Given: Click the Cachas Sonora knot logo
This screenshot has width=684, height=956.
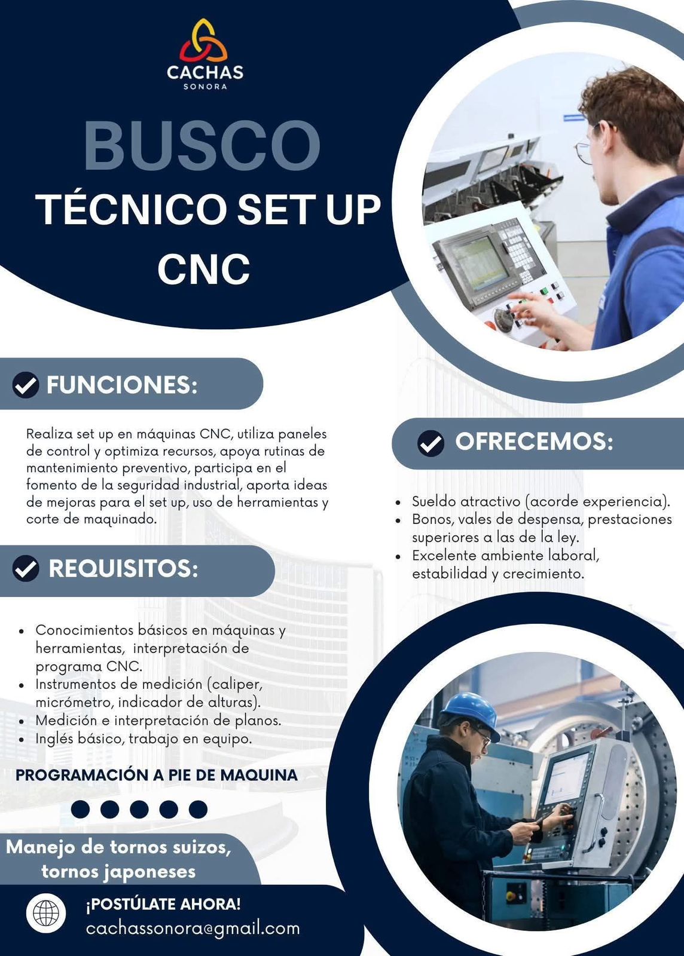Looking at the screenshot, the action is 203,41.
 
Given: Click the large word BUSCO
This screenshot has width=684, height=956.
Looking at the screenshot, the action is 202,146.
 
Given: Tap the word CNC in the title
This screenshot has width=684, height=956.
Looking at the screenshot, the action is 204,268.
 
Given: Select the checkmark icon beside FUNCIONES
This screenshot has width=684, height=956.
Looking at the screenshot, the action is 26,385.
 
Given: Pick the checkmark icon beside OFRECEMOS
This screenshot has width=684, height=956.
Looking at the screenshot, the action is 431,443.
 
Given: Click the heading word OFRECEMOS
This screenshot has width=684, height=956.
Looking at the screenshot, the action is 534,442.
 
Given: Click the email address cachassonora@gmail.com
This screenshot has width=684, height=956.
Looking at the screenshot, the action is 193,929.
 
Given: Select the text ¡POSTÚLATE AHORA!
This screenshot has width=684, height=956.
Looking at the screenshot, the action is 164,903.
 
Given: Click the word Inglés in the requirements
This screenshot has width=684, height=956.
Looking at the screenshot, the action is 54,739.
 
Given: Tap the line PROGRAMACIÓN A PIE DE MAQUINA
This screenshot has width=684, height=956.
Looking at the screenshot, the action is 157,774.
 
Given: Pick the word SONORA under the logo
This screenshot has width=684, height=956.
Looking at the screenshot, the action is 205,87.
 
